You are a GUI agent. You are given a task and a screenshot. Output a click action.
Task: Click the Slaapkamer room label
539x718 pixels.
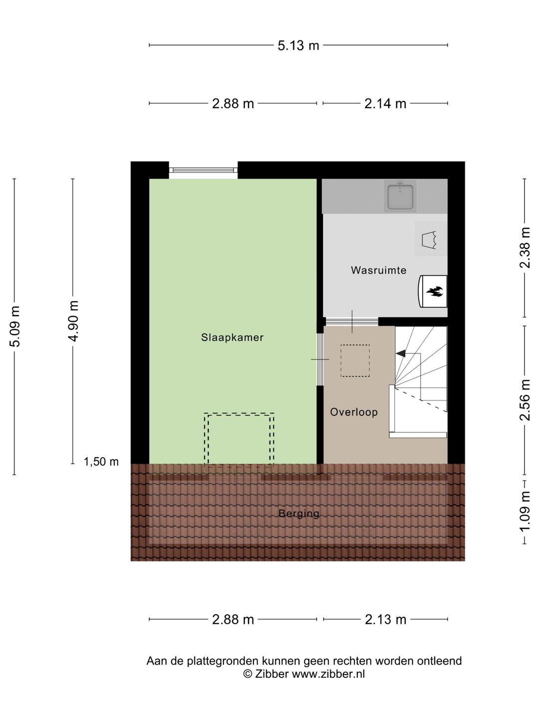[x=232, y=338]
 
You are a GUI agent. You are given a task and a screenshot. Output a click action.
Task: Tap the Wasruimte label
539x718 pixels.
[x=378, y=270]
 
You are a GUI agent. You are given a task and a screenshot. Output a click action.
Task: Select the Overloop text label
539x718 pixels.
[x=353, y=412]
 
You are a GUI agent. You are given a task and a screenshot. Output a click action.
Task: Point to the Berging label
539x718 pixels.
[x=298, y=513]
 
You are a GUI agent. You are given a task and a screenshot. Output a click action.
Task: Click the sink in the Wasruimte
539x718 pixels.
[x=400, y=196]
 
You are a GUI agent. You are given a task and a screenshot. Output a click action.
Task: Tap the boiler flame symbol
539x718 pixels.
[x=434, y=291]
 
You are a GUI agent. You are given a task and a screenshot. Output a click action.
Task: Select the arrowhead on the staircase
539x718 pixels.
[x=400, y=353]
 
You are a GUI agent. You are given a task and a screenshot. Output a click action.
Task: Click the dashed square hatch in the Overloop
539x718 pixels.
[x=355, y=360]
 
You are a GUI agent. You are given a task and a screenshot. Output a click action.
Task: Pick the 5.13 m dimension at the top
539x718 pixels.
[x=298, y=45]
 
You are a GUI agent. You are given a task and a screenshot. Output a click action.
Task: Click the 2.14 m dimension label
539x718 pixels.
[x=385, y=104]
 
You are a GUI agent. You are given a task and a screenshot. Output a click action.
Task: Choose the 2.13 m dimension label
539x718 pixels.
[x=385, y=619]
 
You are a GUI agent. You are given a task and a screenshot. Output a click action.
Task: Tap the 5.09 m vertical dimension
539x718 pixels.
[x=15, y=326]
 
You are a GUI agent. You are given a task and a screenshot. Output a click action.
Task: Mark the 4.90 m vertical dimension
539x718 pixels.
[x=73, y=321]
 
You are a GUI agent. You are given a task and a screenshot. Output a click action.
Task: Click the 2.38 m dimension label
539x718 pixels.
[x=525, y=248]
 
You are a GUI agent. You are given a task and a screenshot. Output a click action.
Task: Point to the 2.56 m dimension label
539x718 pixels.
[x=525, y=399]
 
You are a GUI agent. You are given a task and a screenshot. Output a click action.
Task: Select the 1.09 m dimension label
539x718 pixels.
[x=525, y=512]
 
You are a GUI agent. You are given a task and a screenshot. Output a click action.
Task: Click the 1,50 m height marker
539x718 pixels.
[x=101, y=462]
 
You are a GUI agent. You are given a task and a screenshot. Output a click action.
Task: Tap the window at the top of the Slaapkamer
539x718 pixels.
[x=203, y=171]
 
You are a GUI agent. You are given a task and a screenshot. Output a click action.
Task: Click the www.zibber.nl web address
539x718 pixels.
[x=328, y=674]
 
